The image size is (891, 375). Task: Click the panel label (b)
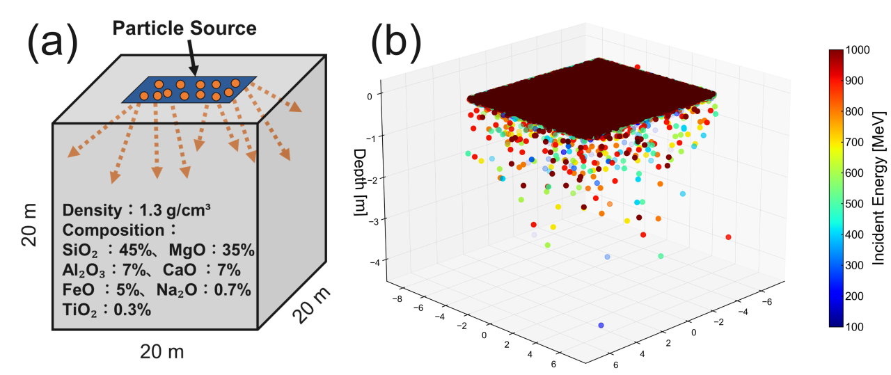point(395,43)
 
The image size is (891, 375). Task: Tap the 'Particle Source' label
point(184,29)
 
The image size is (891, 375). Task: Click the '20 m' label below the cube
point(161,351)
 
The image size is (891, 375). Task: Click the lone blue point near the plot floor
point(601,325)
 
